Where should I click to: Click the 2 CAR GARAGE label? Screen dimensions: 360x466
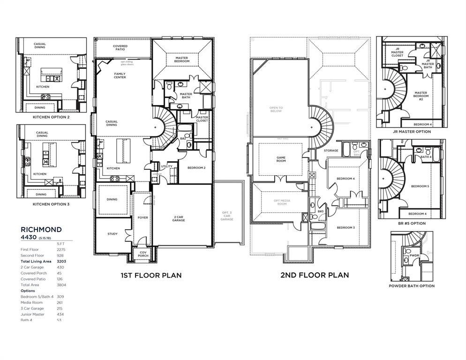click(x=178, y=218)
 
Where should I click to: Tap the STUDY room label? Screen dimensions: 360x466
click(x=113, y=234)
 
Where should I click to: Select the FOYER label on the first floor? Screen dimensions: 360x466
click(x=143, y=217)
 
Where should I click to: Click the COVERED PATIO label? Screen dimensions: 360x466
click(x=120, y=48)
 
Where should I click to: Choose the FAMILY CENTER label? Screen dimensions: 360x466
click(x=120, y=75)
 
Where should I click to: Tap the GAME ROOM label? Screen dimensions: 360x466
click(x=281, y=159)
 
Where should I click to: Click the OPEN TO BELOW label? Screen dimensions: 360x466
click(x=276, y=110)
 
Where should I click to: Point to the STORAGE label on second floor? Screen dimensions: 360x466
click(x=331, y=150)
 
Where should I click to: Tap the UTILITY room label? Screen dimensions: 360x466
click(x=167, y=166)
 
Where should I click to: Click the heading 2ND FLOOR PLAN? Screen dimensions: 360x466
click(x=315, y=275)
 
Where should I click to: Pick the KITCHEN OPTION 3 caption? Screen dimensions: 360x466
click(x=51, y=204)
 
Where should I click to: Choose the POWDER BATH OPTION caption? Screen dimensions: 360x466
click(x=412, y=285)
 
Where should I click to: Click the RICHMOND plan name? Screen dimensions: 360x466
click(x=41, y=229)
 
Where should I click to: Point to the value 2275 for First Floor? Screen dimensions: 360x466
click(x=60, y=249)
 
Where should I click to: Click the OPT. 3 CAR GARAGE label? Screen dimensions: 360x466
click(x=227, y=216)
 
